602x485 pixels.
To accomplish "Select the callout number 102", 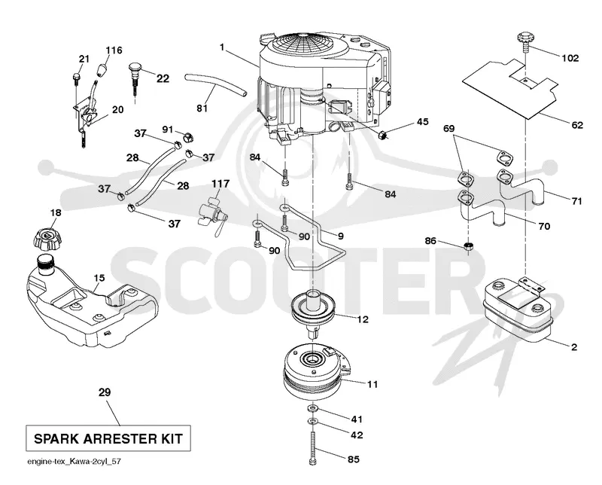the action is [x=570, y=59].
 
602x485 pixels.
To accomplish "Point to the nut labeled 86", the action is [x=467, y=246].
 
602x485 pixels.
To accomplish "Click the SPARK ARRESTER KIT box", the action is [x=108, y=438].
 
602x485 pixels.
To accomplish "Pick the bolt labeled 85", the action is [x=312, y=447].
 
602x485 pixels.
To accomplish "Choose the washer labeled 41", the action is [x=313, y=407].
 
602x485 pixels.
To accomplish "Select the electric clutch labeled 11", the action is [x=317, y=371].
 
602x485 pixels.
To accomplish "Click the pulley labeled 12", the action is [x=314, y=307].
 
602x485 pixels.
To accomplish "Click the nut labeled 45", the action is [x=382, y=135].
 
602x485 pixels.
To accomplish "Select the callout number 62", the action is [x=576, y=125].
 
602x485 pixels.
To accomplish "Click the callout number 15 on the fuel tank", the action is [x=99, y=277].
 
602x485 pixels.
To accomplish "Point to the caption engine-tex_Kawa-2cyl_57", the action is [x=74, y=461].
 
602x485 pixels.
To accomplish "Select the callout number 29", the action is [x=105, y=392].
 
